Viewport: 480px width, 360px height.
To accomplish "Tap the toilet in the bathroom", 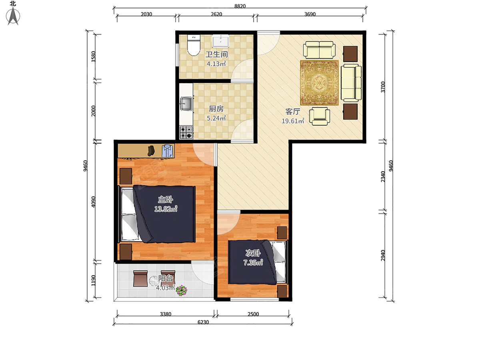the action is click(x=194, y=45).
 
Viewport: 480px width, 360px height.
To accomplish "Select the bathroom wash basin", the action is click(x=221, y=41).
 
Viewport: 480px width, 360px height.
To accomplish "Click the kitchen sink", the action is click(x=186, y=104).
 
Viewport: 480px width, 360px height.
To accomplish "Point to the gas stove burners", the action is click(x=186, y=132).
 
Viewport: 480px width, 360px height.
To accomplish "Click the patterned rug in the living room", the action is click(x=319, y=83).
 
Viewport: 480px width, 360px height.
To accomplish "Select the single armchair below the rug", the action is click(x=320, y=116).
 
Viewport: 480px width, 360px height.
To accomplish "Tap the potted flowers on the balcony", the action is click(x=182, y=290).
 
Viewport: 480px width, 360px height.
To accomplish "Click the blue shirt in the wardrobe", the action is click(x=167, y=150).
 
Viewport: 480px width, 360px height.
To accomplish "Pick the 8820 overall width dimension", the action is click(x=240, y=6).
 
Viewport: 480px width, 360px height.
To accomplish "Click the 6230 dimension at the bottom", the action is click(x=203, y=322).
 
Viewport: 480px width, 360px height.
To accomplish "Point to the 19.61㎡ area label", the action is click(x=293, y=121).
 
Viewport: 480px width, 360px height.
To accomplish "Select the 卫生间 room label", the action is click(x=216, y=54).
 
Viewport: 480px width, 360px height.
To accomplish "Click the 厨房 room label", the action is click(x=216, y=109).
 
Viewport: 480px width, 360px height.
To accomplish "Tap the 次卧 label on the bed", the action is click(x=253, y=253).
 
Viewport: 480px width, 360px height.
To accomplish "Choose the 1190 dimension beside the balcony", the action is click(x=93, y=280).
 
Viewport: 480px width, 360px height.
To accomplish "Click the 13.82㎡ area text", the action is click(x=166, y=209).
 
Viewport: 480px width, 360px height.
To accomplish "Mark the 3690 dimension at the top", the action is click(x=310, y=14).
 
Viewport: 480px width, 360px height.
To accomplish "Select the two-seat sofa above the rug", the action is click(x=319, y=50).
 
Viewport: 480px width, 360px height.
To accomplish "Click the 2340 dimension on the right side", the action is click(x=383, y=177).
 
